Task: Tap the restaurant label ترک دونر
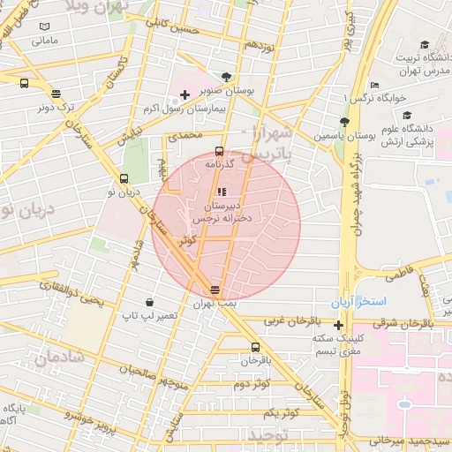[x=56, y=107]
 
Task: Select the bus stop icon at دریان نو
[x=123, y=179]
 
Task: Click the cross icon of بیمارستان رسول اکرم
[x=184, y=94]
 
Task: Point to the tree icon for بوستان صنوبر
[x=228, y=77]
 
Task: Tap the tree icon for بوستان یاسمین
[x=344, y=123]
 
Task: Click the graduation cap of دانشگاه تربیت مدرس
[x=425, y=44]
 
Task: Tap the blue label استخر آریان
[x=359, y=302]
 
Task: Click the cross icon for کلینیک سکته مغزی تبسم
[x=338, y=325]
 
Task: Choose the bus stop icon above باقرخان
[x=256, y=347]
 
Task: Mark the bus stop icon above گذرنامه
[x=219, y=151]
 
